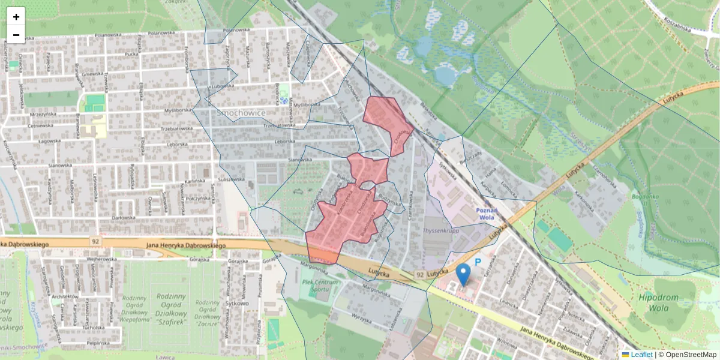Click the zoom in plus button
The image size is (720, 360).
(x=16, y=17)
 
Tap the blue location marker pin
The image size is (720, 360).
(x=463, y=274)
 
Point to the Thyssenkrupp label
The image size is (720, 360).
(x=440, y=230)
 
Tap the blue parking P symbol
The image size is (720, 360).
(x=478, y=262)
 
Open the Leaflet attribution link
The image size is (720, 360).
(x=641, y=355)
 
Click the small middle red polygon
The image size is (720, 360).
(x=368, y=169)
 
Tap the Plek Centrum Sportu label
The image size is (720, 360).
(x=321, y=286)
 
